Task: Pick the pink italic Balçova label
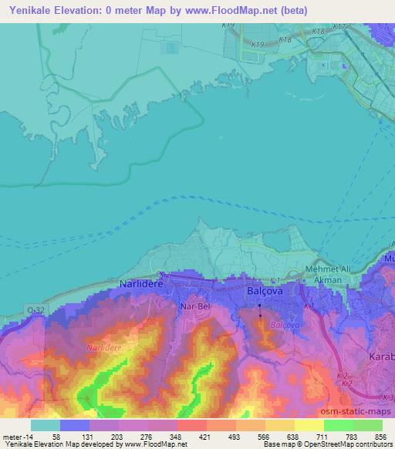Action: pyautogui.click(x=281, y=325)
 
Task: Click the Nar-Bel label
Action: pyautogui.click(x=194, y=306)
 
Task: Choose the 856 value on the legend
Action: pyautogui.click(x=381, y=437)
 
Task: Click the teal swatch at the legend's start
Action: pyautogui.click(x=46, y=425)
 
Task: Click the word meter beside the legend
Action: pyautogui.click(x=11, y=437)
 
